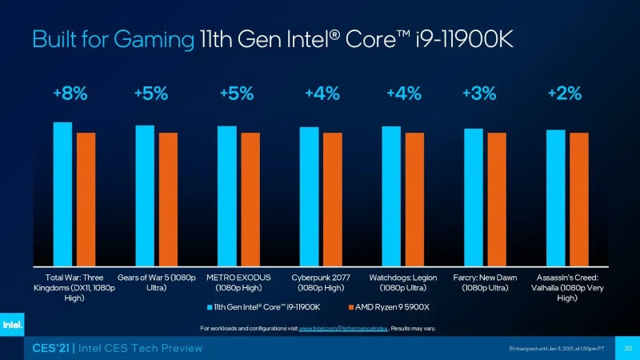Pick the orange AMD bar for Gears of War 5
(168, 199)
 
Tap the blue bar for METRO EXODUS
(227, 196)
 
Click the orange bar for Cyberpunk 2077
(332, 199)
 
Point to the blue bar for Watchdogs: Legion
(391, 196)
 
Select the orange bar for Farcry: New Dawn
(497, 199)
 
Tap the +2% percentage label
(564, 94)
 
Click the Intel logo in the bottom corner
(11, 324)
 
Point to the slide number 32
(628, 348)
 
